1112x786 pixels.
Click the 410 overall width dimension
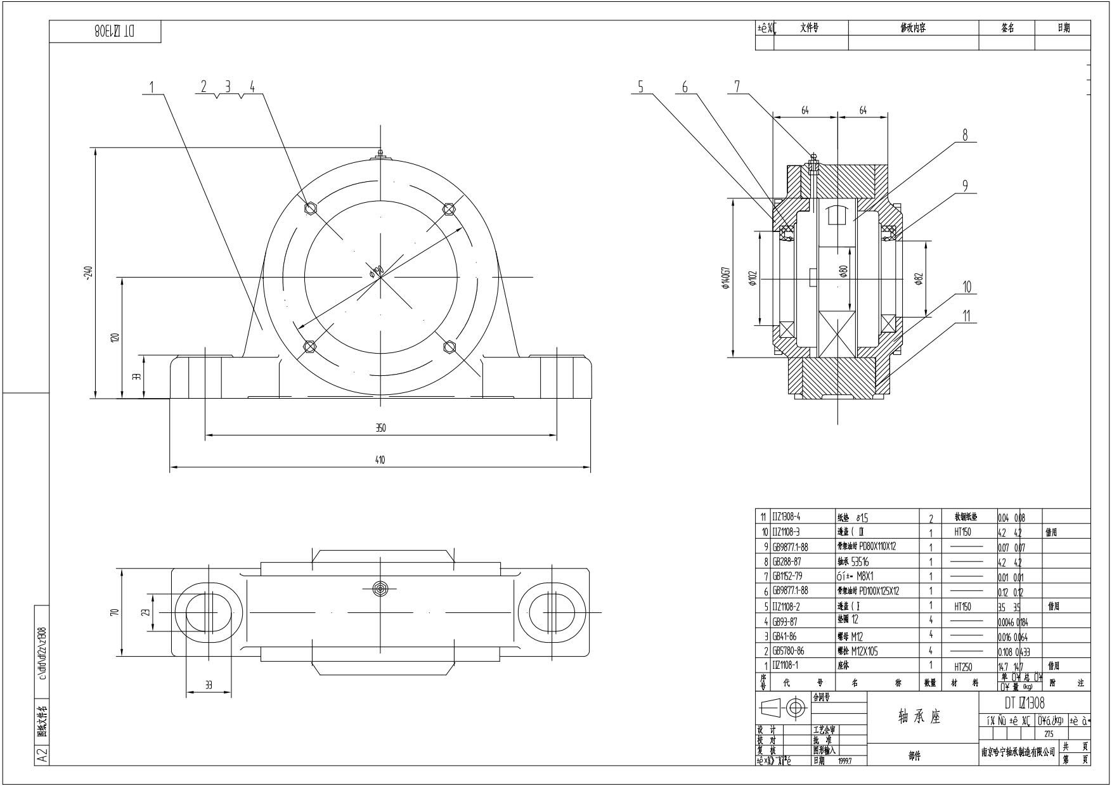pos(380,460)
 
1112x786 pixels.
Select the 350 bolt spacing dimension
pos(380,428)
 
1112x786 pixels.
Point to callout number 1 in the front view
pos(152,87)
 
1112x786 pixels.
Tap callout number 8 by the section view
pos(966,135)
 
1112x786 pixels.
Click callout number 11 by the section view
pos(966,316)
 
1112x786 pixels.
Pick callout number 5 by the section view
pos(640,87)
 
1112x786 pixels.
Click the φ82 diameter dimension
pos(919,278)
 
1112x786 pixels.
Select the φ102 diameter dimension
pos(753,278)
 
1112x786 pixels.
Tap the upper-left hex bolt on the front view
pos(311,208)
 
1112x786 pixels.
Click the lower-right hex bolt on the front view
pos(449,345)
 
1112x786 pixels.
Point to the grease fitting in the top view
pos(380,588)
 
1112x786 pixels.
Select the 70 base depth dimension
pos(115,612)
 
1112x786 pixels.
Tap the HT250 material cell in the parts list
pos(963,666)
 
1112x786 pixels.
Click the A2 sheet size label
pos(42,756)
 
